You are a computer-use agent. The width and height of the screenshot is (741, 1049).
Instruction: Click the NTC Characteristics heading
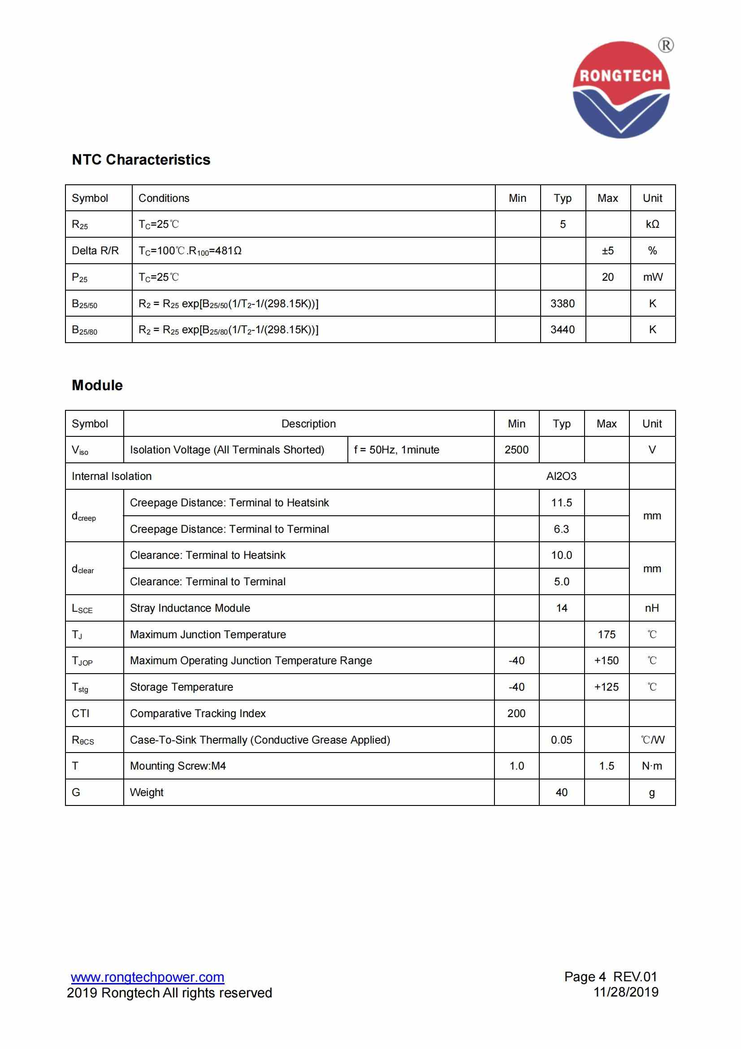141,160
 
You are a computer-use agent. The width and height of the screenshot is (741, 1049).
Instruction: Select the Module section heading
97,385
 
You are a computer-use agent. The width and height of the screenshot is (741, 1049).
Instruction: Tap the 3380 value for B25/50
563,303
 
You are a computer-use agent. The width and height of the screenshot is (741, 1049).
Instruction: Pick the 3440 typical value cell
563,330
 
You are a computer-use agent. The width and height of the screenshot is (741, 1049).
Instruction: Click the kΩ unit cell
652,224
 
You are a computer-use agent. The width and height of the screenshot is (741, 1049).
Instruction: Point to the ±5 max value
608,250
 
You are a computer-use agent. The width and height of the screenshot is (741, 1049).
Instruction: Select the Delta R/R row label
95,250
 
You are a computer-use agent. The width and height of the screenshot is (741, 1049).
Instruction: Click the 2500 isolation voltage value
516,449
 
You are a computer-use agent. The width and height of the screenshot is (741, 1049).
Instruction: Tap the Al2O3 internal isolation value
561,476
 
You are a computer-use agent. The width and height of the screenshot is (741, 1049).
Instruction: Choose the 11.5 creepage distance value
561,503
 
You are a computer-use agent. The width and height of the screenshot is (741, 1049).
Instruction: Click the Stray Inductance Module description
190,608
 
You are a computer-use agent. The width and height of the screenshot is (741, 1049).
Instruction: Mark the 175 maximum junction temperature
607,634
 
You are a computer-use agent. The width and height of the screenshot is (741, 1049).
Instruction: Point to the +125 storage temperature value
607,687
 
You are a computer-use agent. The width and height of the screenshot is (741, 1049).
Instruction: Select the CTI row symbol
81,713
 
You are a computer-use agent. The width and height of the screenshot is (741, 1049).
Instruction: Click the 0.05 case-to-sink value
561,740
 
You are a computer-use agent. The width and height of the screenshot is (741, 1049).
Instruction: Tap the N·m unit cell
652,766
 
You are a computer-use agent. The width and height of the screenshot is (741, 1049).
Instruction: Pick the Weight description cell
147,792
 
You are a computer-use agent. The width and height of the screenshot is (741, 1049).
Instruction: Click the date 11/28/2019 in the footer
625,992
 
